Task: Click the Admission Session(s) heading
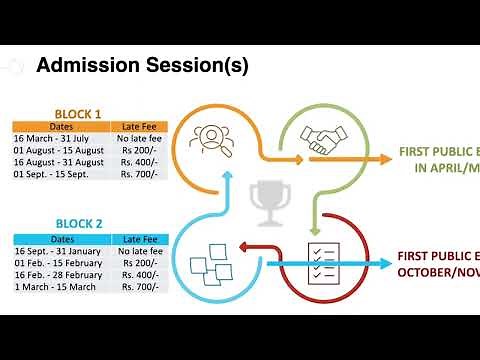tap(142, 66)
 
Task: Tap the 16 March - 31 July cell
tap(60, 138)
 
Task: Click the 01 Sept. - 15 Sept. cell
tap(60, 174)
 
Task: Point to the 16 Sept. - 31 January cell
tap(60, 250)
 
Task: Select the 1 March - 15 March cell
tap(60, 287)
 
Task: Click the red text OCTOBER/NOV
tap(438, 272)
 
